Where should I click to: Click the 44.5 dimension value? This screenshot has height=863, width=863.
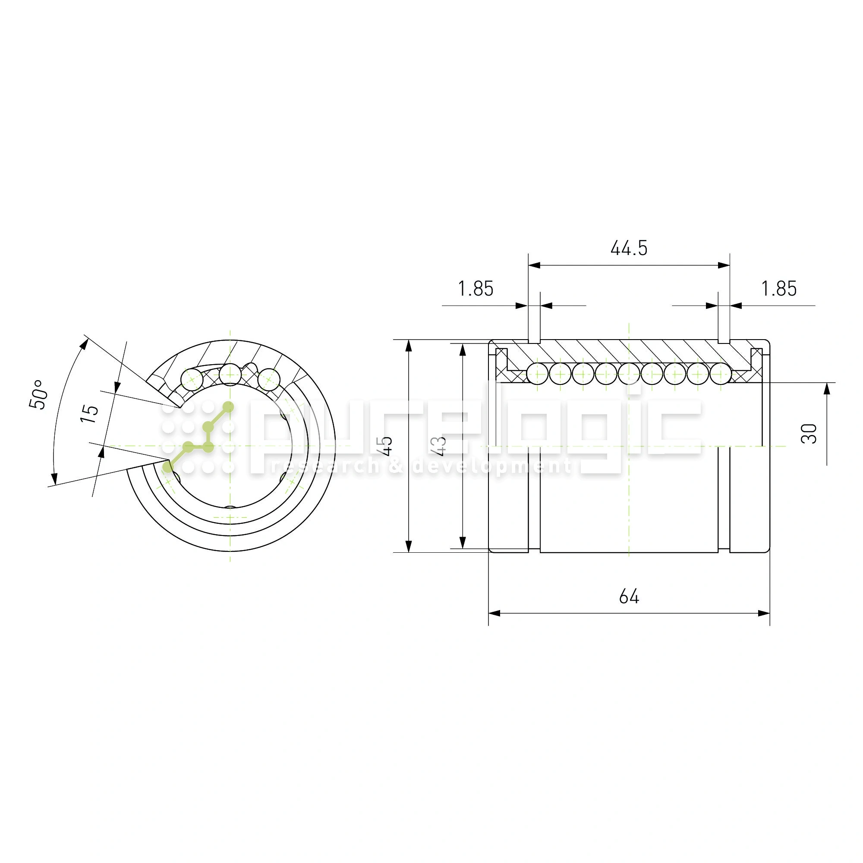click(x=629, y=248)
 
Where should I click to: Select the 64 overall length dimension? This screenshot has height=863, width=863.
click(x=629, y=596)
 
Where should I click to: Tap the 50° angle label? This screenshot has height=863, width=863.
click(x=38, y=394)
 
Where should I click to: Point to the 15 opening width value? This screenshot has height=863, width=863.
click(x=89, y=414)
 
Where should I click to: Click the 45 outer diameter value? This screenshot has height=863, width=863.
click(x=385, y=446)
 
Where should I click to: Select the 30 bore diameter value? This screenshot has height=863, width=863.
click(x=809, y=433)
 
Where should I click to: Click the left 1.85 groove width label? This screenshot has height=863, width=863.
click(x=476, y=289)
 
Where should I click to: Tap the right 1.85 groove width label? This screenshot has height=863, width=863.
click(x=779, y=289)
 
